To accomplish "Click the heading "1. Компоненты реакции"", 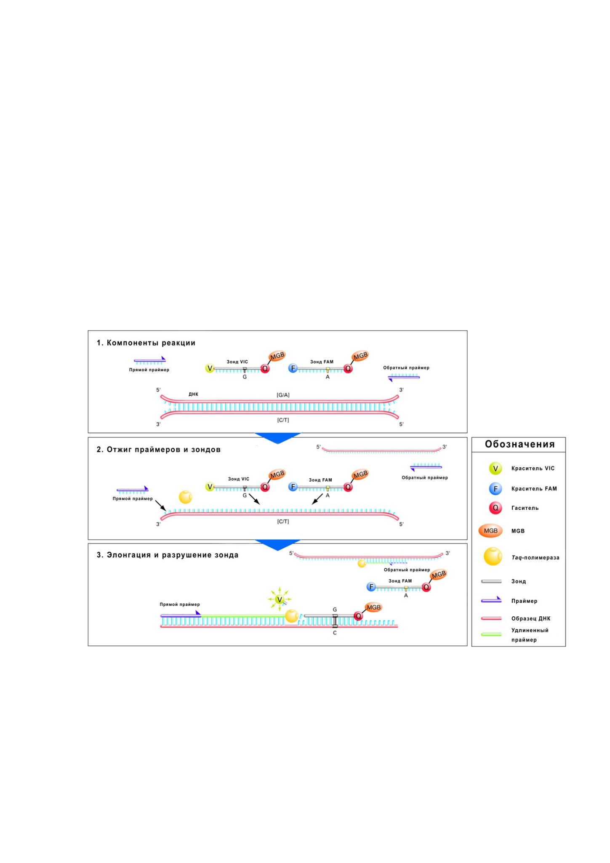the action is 146,343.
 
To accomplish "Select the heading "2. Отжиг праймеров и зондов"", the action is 159,450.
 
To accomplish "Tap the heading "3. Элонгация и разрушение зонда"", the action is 168,555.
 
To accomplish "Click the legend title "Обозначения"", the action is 519,444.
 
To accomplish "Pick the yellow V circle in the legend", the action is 495,468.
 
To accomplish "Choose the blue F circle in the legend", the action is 495,488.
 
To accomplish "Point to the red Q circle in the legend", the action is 495,508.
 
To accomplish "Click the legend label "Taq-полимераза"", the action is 535,557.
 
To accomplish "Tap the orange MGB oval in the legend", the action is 490,531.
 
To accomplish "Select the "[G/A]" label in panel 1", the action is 283,395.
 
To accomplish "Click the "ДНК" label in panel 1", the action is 193,394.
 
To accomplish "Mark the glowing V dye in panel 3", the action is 279,599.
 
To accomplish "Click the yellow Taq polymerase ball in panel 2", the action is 186,497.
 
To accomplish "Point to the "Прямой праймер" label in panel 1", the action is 149,370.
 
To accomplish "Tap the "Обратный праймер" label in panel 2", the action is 425,477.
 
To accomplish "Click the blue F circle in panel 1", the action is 293,368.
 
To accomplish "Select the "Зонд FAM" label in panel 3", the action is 400,581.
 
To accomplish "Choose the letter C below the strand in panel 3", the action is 335,633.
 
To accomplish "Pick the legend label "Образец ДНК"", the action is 531,618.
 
